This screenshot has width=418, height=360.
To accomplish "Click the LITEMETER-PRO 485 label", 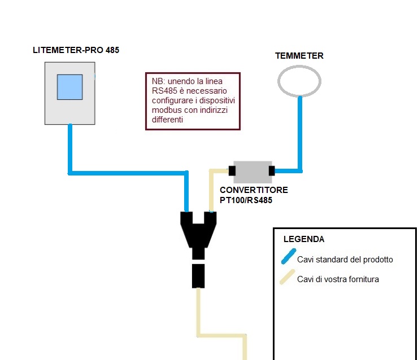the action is [76, 50].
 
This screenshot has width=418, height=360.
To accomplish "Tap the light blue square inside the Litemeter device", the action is [70, 87].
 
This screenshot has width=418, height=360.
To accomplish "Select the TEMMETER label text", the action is [299, 56].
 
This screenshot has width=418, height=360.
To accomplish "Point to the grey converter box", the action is [252, 172].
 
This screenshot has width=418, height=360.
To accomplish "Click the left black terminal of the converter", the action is [232, 170].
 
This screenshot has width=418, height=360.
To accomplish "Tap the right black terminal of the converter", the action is [272, 170].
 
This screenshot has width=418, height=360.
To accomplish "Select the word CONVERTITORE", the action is [254, 190].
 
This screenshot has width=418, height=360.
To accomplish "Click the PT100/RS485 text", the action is [246, 200].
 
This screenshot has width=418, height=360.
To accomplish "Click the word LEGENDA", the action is [304, 239].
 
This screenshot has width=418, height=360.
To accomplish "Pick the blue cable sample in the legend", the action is [289, 256].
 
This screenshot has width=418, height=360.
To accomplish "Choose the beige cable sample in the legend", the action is [288, 277].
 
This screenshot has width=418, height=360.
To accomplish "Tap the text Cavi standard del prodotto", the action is [345, 260].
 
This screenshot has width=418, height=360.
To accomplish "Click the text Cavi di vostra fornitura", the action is [338, 279].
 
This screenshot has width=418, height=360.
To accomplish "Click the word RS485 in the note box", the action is [164, 91].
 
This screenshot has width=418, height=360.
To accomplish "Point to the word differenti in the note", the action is [167, 120].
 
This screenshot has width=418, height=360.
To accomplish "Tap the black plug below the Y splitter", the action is [198, 276].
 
